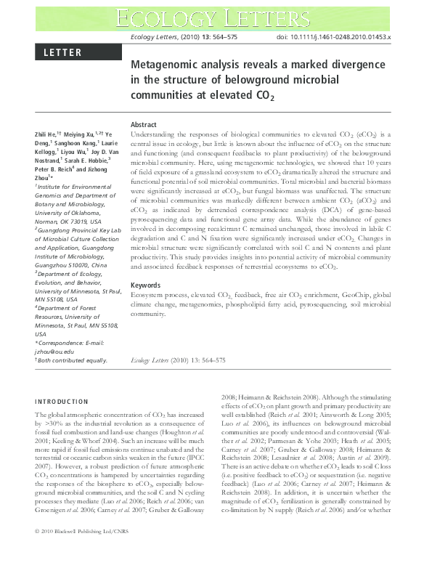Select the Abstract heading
pos(144,125)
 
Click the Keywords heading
pos(145,285)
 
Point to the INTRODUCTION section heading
pos(62,401)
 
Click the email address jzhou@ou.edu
pos(52,351)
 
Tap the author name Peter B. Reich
pos(60,173)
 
